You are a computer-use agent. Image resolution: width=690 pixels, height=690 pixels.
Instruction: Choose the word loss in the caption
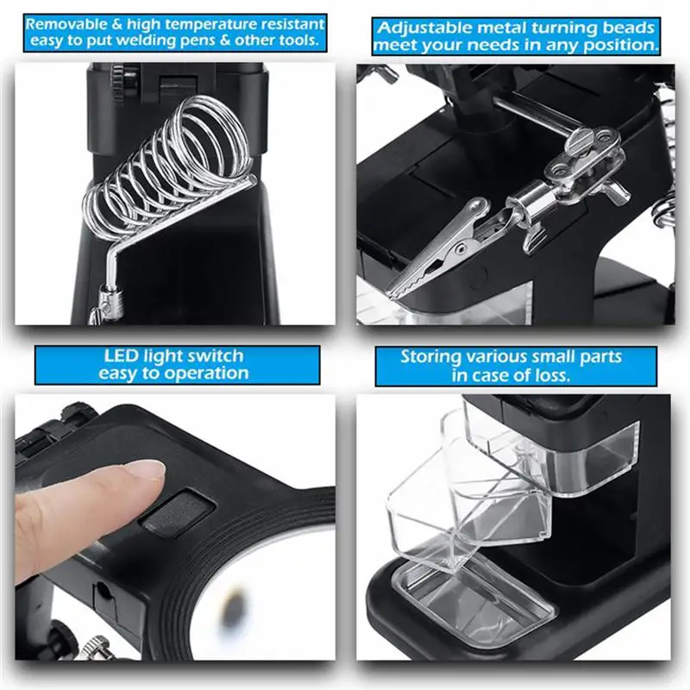(x=549, y=375)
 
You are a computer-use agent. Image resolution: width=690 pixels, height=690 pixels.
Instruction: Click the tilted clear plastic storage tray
(x=448, y=509)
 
